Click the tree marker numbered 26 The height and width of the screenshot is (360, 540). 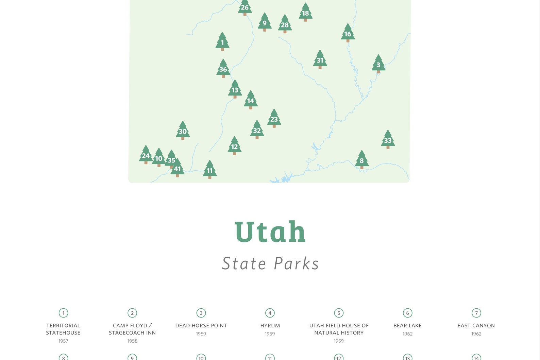tap(245, 7)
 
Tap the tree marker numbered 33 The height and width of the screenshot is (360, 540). tap(388, 139)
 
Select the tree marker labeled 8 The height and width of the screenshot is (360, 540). tap(361, 160)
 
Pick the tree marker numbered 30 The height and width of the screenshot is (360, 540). tap(183, 131)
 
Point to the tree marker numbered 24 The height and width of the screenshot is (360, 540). tap(146, 155)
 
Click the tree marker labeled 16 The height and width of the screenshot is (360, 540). tap(348, 33)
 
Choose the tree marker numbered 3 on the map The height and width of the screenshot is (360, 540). tap(378, 64)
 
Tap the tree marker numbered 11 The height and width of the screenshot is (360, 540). tap(209, 170)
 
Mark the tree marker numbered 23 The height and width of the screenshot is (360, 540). tap(274, 118)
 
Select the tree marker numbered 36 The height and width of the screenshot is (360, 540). tap(223, 69)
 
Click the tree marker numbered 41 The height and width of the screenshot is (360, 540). tap(178, 168)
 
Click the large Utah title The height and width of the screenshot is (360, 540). tap(270, 232)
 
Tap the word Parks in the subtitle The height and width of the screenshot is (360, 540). tap(297, 263)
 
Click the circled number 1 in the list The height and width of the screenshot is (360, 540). tap(63, 313)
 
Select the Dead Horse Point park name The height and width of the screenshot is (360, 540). tap(201, 325)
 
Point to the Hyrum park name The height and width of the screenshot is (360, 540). tap(270, 325)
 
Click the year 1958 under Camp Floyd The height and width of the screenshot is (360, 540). tap(132, 341)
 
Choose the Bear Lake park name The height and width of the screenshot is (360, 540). tap(407, 325)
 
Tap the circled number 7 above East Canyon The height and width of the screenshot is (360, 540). tap(476, 313)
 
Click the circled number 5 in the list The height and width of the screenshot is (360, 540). tap(339, 313)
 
